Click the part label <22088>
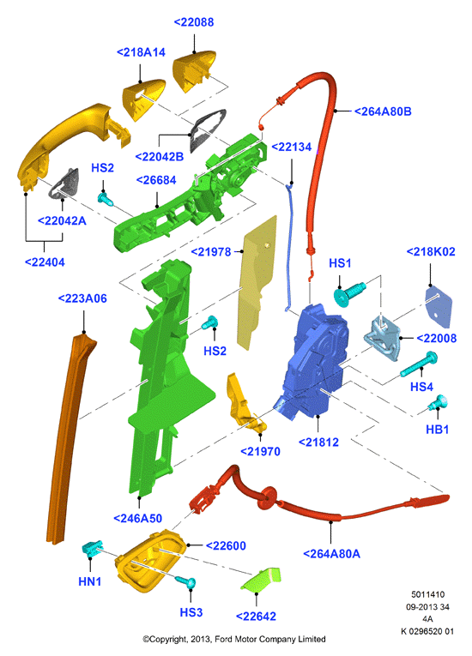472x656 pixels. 194,22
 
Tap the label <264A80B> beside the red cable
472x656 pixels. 383,111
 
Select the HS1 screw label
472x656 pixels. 340,263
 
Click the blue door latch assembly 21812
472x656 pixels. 314,360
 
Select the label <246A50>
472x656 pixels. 138,519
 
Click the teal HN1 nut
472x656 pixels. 93,548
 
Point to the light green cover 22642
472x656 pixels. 261,580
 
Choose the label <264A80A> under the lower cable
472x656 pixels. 332,554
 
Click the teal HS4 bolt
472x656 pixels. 419,364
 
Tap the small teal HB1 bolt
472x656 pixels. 438,402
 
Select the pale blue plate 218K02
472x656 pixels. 439,306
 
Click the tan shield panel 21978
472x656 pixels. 257,282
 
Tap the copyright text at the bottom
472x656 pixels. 234,639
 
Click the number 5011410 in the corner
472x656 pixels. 427,594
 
